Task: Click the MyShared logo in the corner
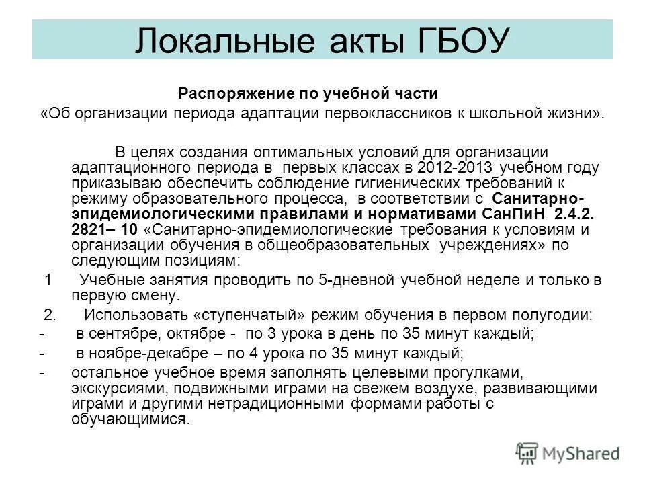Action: [x=568, y=452]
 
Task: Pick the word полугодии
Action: [x=554, y=315]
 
